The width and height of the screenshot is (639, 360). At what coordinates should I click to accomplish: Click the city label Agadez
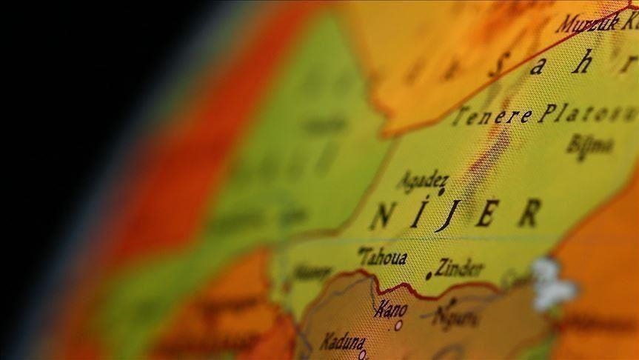pyautogui.click(x=423, y=179)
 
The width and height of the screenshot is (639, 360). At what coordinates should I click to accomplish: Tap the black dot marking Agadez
pyautogui.click(x=441, y=192)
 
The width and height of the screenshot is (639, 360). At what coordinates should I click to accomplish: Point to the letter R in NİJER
pyautogui.click(x=529, y=213)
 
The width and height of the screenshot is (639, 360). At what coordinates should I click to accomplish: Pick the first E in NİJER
pyautogui.click(x=486, y=214)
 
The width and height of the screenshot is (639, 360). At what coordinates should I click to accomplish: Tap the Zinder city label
pyautogui.click(x=459, y=267)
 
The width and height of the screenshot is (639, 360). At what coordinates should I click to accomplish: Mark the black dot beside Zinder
pyautogui.click(x=429, y=276)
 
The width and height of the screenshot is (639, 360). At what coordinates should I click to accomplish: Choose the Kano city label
pyautogui.click(x=390, y=309)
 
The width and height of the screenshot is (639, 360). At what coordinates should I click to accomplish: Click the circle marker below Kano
pyautogui.click(x=398, y=324)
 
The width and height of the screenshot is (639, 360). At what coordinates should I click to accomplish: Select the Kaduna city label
pyautogui.click(x=343, y=341)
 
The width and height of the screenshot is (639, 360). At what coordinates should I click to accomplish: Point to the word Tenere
pyautogui.click(x=492, y=116)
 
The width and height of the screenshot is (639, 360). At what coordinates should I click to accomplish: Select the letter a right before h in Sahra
pyautogui.click(x=539, y=66)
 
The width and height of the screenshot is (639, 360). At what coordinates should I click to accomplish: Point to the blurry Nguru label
pyautogui.click(x=453, y=317)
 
